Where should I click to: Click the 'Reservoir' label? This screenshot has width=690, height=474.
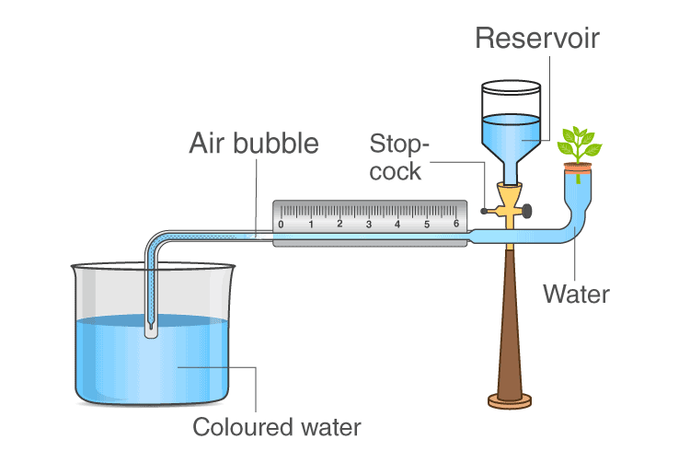[537, 38]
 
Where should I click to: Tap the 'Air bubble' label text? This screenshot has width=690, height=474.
[254, 144]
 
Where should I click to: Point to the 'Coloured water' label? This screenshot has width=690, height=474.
[276, 427]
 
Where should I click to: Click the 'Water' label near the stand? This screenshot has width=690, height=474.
[576, 294]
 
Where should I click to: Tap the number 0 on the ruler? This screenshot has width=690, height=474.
[282, 224]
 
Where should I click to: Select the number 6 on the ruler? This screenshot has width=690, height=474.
[456, 224]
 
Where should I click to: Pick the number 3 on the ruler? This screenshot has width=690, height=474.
[369, 224]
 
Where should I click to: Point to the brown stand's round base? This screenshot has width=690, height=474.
[509, 399]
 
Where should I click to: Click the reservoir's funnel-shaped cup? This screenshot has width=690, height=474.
[512, 138]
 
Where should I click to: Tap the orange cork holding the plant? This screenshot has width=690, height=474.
[578, 167]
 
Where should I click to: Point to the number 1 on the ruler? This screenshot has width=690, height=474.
[311, 224]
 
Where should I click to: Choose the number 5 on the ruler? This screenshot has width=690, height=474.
[427, 224]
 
